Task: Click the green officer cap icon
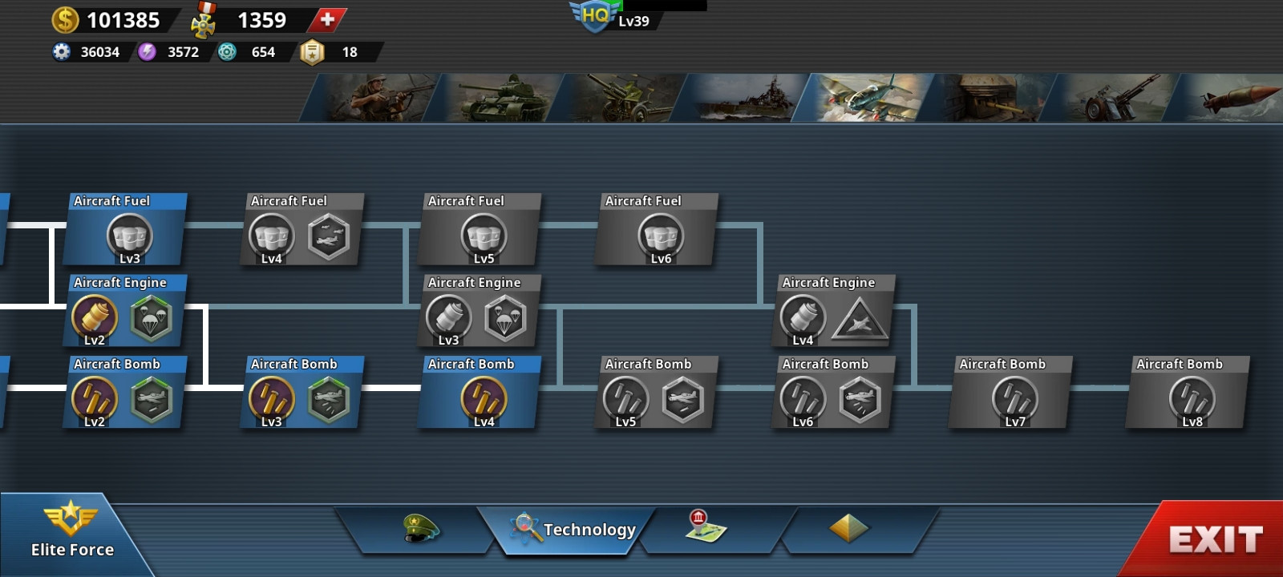pos(420,528)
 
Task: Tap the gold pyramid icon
pos(848,527)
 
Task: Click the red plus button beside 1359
pos(327,20)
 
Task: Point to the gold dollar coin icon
pos(65,20)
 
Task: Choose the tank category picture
pos(497,97)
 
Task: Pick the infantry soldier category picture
pos(372,97)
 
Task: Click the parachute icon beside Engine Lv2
pos(151,318)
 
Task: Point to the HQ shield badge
pos(594,16)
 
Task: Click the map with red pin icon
pos(706,526)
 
